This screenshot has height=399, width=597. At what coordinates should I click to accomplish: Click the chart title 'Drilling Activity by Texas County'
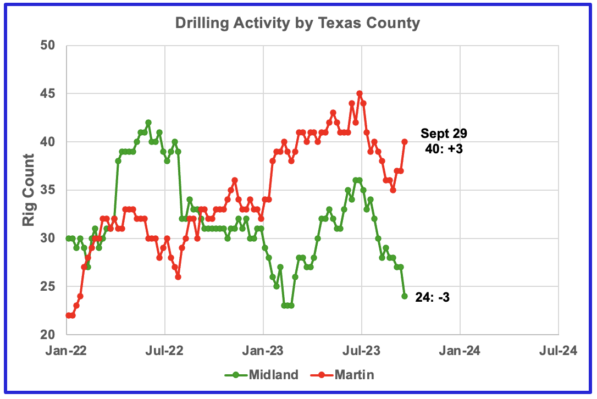click(297, 23)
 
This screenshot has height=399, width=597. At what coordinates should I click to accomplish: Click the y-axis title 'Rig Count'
click(28, 190)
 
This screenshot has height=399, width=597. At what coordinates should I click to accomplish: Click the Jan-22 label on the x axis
click(67, 350)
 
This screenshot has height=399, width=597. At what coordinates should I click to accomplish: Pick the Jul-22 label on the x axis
click(165, 350)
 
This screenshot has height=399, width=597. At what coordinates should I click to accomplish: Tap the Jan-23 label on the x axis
click(263, 350)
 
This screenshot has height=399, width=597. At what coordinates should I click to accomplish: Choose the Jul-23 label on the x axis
click(362, 350)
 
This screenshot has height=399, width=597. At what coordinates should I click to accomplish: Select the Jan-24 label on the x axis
click(460, 350)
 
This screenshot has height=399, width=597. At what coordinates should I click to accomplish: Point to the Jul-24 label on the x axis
click(559, 350)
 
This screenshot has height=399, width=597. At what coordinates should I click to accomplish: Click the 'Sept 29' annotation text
click(444, 133)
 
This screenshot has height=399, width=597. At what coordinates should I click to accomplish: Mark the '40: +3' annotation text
click(444, 148)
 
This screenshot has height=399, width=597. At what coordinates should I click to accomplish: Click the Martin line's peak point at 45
click(360, 93)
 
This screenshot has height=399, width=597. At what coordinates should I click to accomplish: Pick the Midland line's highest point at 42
click(148, 123)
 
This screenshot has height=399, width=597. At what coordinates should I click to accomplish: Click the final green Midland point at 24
click(405, 296)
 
